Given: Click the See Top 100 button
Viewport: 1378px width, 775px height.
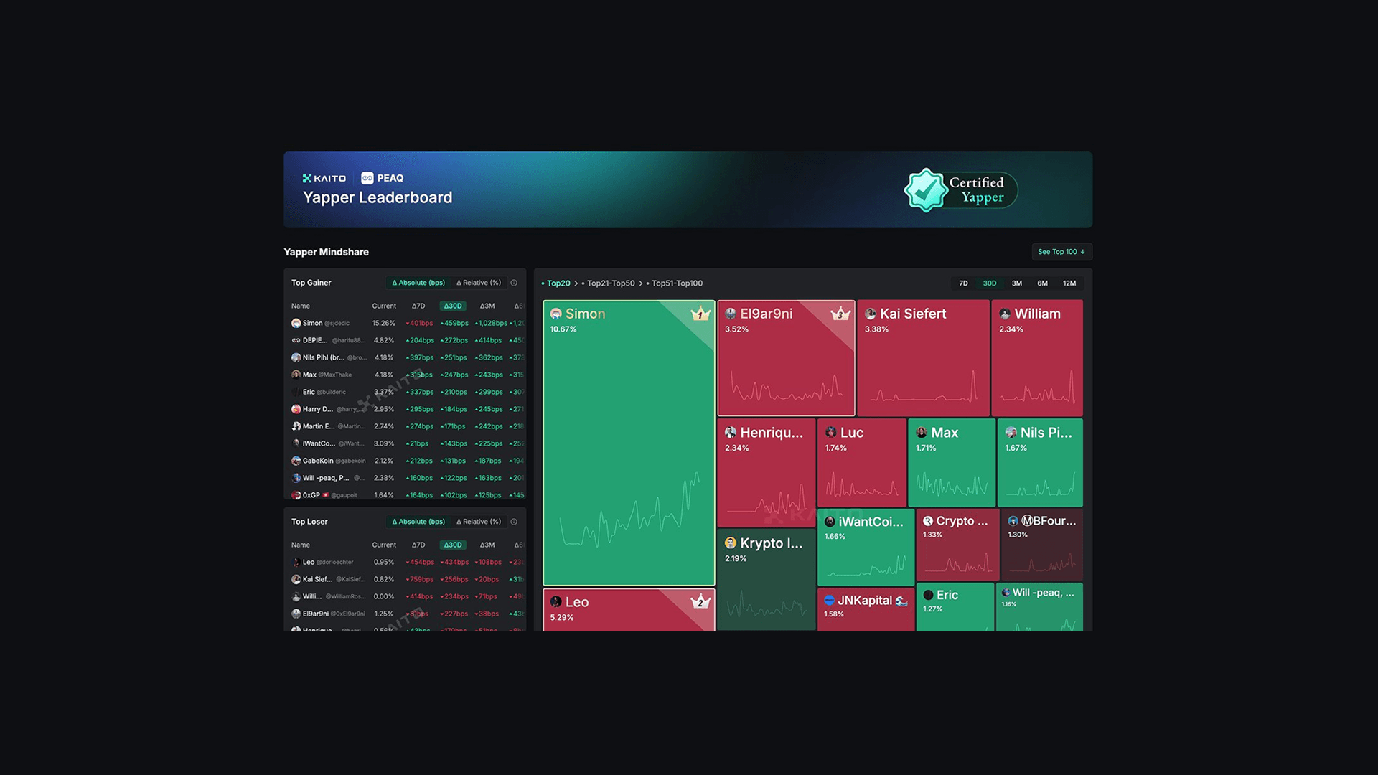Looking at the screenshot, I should click(1061, 252).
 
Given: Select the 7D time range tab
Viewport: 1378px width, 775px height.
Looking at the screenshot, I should click(963, 283).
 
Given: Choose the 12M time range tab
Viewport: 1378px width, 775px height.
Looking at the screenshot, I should click(1069, 283).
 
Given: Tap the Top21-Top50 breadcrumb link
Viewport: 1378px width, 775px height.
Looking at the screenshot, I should click(610, 283).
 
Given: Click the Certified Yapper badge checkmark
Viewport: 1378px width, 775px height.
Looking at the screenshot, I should click(926, 190).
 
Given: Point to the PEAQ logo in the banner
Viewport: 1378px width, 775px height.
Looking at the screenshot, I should click(383, 178).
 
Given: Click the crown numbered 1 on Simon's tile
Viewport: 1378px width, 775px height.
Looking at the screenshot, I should click(700, 314).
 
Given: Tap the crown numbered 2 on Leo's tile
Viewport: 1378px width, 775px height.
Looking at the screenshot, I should click(700, 602).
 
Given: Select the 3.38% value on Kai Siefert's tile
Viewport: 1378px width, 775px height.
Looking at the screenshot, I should click(876, 329).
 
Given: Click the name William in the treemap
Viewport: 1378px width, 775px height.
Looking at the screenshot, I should click(1037, 314).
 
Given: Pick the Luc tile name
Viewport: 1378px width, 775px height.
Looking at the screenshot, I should click(851, 433).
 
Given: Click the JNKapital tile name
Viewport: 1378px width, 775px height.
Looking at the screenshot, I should click(865, 601).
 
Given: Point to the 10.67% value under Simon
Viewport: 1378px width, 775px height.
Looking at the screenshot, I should click(563, 329).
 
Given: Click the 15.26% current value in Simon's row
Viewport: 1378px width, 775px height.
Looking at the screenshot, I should click(383, 324).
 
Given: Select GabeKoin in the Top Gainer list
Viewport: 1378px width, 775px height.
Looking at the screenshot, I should click(318, 461).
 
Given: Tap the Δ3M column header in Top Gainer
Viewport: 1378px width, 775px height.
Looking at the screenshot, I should click(487, 306).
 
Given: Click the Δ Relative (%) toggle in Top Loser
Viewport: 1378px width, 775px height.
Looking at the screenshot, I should click(479, 522).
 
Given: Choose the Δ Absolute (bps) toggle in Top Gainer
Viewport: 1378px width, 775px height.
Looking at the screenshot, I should click(418, 283).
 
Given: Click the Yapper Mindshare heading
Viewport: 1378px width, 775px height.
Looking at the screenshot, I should click(326, 252).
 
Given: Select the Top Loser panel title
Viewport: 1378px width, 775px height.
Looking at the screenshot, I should click(309, 522).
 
